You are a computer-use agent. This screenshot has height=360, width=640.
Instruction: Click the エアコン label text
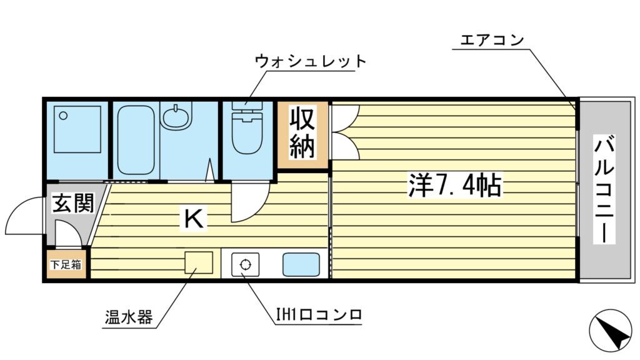pyautogui.click(x=491, y=41)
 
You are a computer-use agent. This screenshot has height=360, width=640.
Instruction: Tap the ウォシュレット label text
pyautogui.click(x=310, y=61)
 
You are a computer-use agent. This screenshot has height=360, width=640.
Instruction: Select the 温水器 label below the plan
pyautogui.click(x=127, y=317)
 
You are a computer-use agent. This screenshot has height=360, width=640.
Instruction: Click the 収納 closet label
pyautogui.click(x=303, y=132)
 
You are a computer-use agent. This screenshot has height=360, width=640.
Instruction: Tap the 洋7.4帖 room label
pyautogui.click(x=456, y=185)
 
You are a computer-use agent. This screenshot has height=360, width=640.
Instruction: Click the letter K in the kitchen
pyautogui.click(x=193, y=218)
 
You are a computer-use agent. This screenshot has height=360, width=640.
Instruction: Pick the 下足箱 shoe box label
pyautogui.click(x=66, y=264)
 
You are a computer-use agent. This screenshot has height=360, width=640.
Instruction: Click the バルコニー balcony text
pyautogui.click(x=604, y=190)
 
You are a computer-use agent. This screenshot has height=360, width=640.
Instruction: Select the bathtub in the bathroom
pyautogui.click(x=136, y=140)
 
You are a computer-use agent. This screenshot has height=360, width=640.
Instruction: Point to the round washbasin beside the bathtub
pyautogui.click(x=176, y=116)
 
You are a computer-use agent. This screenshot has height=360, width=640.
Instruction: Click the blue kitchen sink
pyautogui.click(x=301, y=264)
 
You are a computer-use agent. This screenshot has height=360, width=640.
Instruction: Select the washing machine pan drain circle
pyautogui.click(x=62, y=115)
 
